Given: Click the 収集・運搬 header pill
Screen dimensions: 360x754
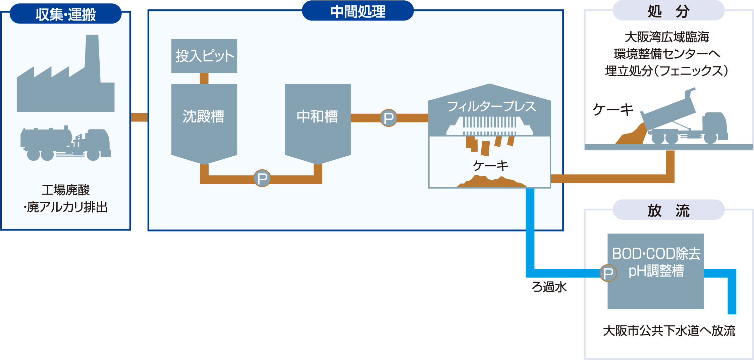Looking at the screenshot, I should point(65,14).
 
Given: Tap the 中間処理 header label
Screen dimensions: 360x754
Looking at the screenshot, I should point(358,11).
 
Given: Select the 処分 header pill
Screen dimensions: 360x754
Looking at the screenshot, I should point(668,11).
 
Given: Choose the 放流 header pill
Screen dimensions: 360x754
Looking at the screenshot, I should point(668,210).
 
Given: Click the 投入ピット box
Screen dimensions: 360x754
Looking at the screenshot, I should point(204,56).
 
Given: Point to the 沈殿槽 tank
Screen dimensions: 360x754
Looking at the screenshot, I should point(204,121).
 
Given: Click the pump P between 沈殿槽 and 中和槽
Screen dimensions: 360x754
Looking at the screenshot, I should point(262,178).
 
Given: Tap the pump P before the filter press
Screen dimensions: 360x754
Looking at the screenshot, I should point(388,118).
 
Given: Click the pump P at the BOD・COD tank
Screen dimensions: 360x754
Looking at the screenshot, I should point(608,273).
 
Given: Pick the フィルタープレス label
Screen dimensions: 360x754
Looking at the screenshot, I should point(491,106).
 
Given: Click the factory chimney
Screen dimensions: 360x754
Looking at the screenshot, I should point(92,57).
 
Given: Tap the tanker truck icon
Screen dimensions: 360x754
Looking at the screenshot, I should point(65,144).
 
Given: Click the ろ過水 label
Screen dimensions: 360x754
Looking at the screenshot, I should point(549,287).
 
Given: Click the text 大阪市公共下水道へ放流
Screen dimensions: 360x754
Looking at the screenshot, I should point(669,331).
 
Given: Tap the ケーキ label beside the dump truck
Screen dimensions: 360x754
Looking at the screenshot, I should point(613,109).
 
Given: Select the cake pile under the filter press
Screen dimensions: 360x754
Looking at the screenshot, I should point(491,182).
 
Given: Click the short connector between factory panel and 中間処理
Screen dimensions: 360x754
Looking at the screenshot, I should point(139,117).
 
